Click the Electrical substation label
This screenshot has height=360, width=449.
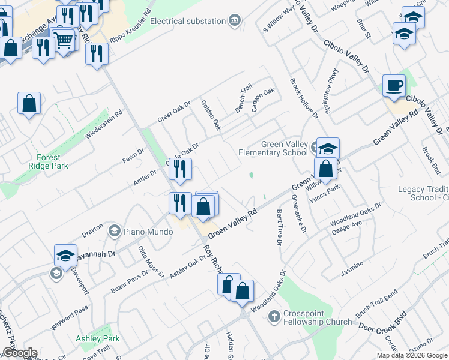[x=188, y=21]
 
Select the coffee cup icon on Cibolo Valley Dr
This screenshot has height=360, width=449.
[x=394, y=85]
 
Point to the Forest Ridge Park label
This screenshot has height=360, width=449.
[x=48, y=161]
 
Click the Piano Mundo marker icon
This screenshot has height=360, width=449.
[x=114, y=230]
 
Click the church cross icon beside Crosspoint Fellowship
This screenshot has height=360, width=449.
[x=274, y=316]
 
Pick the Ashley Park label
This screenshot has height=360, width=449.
[x=98, y=338]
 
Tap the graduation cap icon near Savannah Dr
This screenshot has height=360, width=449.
[x=65, y=255]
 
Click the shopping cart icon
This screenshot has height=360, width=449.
[x=64, y=40]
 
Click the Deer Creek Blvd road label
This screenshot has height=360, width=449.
[x=382, y=322]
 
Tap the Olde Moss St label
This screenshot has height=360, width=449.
[x=151, y=262]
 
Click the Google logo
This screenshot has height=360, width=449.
[x=20, y=353]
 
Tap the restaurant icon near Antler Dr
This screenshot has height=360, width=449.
[x=180, y=170]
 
